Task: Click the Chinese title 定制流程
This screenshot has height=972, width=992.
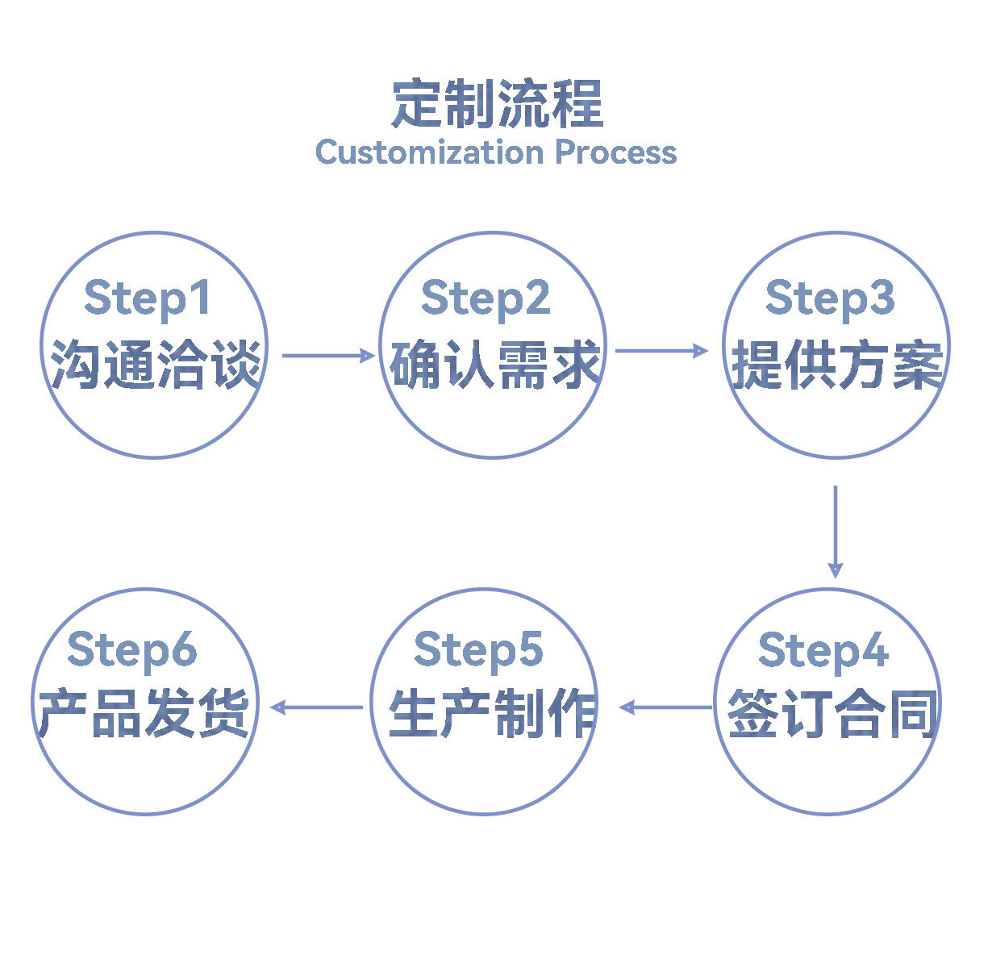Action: (497, 104)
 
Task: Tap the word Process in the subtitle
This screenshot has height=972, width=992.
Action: (615, 152)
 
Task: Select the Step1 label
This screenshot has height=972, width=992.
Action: (148, 298)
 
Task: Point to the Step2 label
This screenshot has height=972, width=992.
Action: (486, 298)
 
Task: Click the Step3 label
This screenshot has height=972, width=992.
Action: (830, 298)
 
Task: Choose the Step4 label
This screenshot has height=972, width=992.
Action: (823, 650)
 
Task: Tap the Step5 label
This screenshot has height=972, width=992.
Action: (478, 650)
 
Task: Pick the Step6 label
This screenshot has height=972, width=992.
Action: (132, 650)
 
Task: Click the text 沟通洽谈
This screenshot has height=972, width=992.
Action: (156, 365)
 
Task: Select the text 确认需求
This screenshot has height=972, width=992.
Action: (494, 365)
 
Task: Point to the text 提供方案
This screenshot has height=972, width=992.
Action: (836, 365)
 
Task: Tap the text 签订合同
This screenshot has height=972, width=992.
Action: (832, 714)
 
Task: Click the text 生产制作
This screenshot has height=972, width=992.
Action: (492, 714)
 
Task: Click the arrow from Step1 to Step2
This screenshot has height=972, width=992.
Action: (328, 355)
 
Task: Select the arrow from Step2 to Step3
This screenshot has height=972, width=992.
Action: (661, 350)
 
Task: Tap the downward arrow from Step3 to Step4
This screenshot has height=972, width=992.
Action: (835, 531)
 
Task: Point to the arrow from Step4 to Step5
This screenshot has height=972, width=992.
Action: (666, 707)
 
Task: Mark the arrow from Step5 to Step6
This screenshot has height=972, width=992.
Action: (316, 707)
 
